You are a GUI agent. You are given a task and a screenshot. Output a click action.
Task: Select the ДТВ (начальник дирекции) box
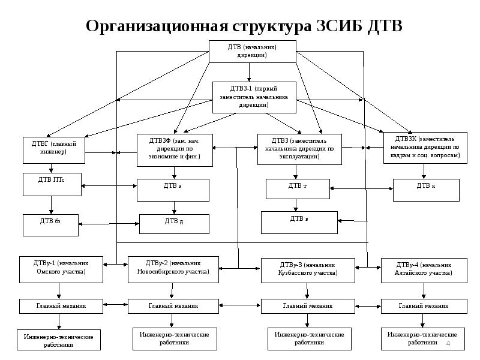pyautogui.click(x=252, y=50)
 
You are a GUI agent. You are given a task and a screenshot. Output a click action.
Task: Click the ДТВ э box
pyautogui.click(x=173, y=190)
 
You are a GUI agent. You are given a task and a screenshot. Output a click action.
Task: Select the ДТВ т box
pyautogui.click(x=298, y=188)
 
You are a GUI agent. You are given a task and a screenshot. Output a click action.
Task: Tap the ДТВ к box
pyautogui.click(x=426, y=190)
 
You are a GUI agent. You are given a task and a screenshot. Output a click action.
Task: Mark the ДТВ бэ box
pyautogui.click(x=51, y=224)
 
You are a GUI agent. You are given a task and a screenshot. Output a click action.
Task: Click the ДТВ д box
pyautogui.click(x=174, y=224)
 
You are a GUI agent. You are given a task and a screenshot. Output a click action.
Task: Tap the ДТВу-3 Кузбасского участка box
pyautogui.click(x=307, y=271)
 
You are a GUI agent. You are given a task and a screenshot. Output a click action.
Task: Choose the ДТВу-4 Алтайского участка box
pyautogui.click(x=424, y=269)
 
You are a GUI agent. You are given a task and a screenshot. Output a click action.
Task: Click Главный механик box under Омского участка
pyautogui.click(x=59, y=306)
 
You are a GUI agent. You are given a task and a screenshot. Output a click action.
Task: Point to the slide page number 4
pyautogui.click(x=448, y=343)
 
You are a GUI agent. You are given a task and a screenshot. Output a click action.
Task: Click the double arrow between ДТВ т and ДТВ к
pyautogui.click(x=362, y=189)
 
